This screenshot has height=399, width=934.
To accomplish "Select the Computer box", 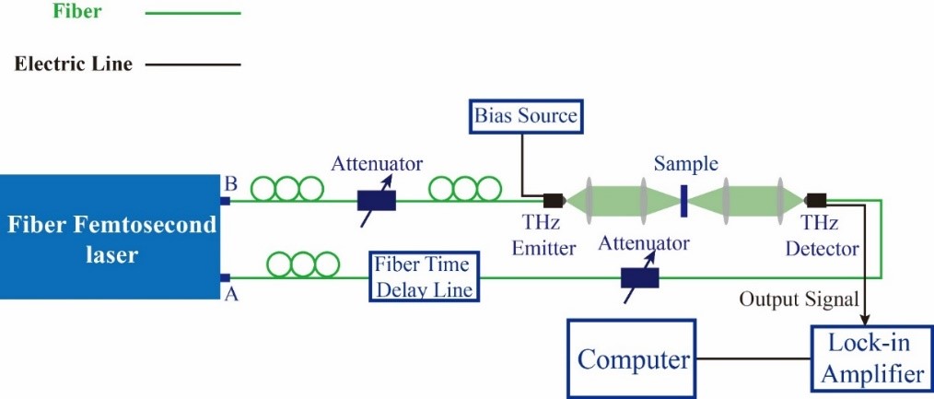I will coord(633,359).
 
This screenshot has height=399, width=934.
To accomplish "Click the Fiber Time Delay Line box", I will coord(423,276).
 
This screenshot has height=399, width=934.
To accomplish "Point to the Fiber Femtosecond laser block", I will coord(111,239).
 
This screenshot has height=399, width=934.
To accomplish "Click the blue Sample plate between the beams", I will coord(683,201).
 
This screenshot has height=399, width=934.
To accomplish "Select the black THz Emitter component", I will coord(554,200).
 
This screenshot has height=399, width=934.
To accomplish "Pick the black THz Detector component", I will coord(816,200).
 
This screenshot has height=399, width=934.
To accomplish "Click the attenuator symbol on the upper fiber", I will coord(377,199).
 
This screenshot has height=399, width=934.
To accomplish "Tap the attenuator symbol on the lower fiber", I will coord(641,276).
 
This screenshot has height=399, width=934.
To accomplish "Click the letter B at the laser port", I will coord(229,181).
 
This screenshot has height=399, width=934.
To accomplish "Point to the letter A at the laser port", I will coord(229,293).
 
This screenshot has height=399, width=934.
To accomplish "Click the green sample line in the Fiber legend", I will coord(193,14).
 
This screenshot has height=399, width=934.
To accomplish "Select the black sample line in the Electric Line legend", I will coord(193,65).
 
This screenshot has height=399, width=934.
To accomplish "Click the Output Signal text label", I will coord(800,299).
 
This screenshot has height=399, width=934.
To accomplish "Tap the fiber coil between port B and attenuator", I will coord(288,188).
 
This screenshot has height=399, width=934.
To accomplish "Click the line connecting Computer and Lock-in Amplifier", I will coord(753,359).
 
